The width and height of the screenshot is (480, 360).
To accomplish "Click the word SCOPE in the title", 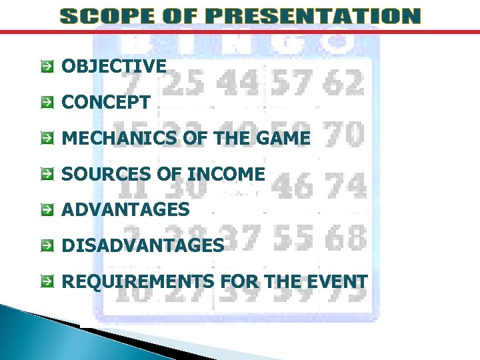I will point(99,16).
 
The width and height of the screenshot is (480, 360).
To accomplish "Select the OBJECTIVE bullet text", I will point(114,66).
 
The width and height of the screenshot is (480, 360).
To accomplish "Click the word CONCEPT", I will point(105,103).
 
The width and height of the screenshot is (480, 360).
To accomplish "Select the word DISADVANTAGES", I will point(143,245).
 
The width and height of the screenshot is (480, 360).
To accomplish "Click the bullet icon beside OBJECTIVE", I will point(47,67).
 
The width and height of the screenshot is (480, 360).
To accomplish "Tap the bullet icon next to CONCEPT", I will point(47,103).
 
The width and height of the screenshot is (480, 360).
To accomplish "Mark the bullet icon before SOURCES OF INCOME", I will point(47,175).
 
